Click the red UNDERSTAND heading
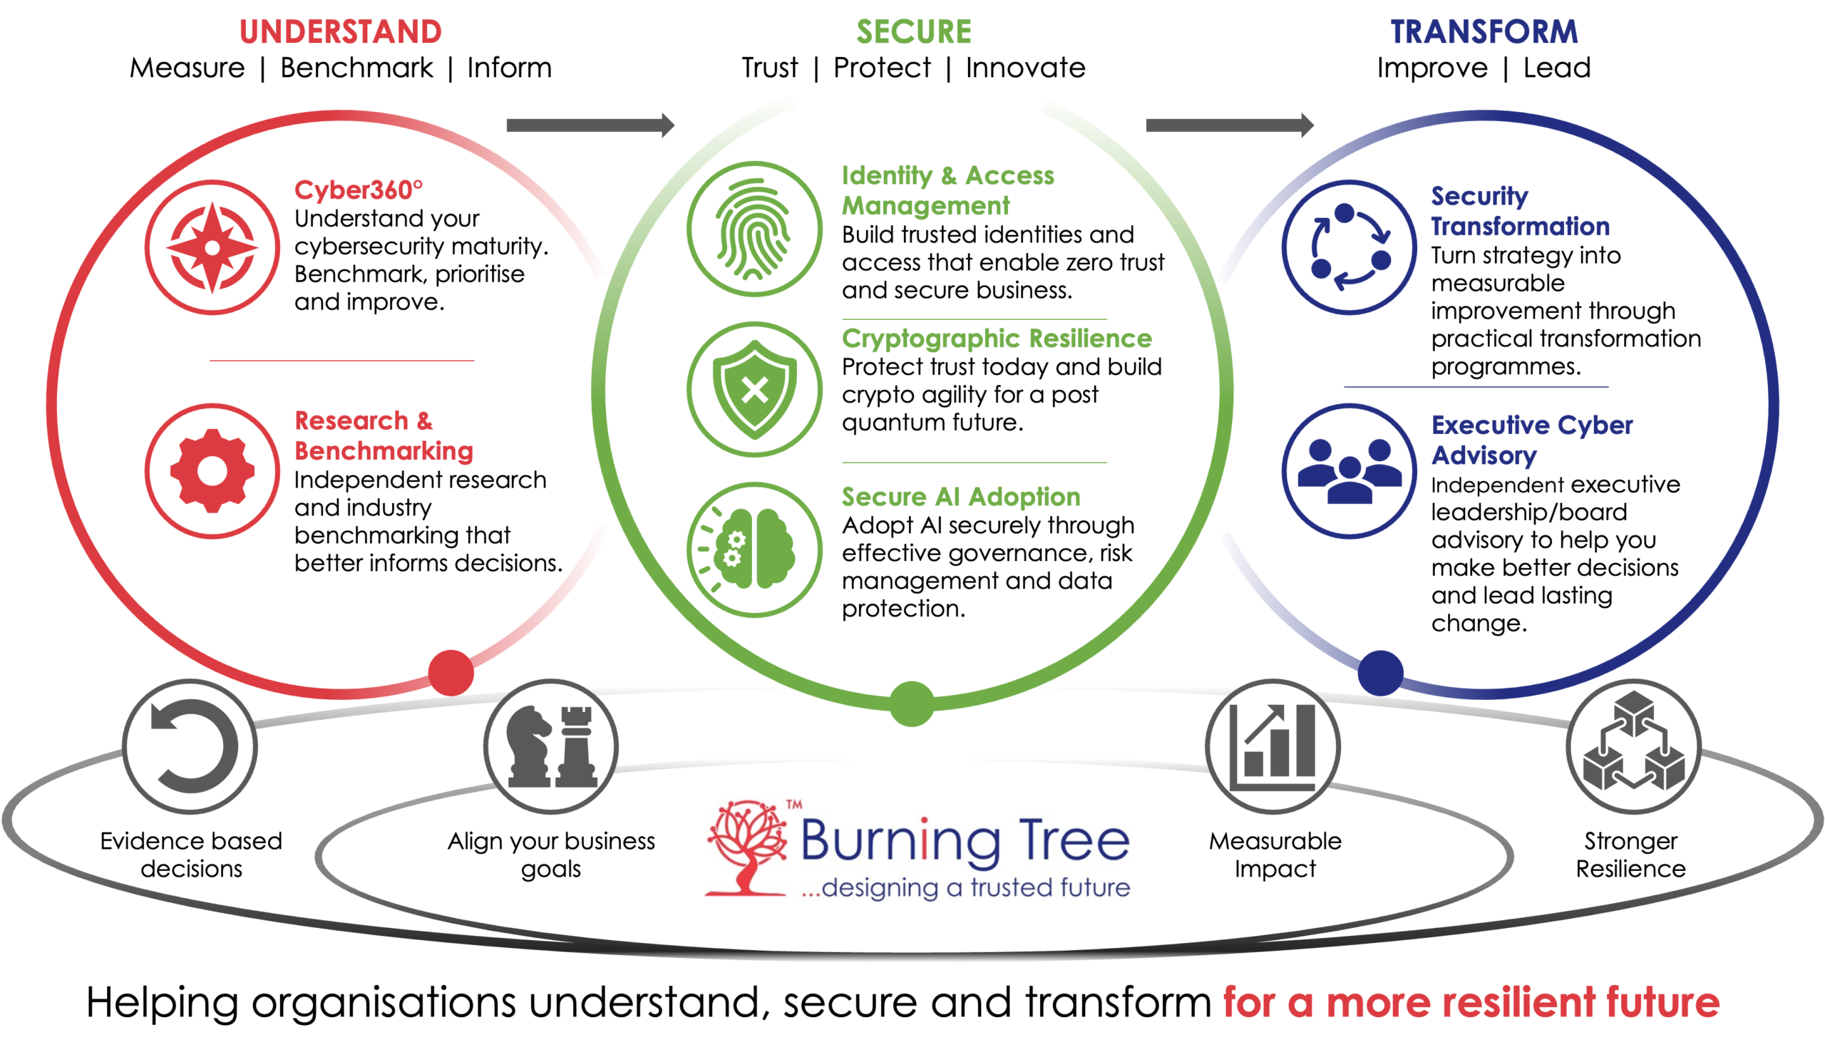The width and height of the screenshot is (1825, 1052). [x=340, y=32]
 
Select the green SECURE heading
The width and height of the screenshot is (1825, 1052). [x=914, y=32]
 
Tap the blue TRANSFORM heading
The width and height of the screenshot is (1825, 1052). [x=1484, y=32]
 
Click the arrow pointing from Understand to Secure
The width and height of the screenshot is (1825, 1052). [x=590, y=125]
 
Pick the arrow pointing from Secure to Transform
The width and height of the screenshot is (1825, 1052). [x=1230, y=125]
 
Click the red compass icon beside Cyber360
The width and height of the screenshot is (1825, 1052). [x=212, y=247]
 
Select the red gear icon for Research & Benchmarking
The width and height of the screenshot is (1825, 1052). [x=212, y=471]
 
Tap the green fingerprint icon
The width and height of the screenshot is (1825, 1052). [x=754, y=229]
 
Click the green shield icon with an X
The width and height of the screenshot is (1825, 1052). [x=754, y=389]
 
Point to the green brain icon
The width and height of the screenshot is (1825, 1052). [x=754, y=550]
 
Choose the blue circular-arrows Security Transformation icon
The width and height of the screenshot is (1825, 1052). [x=1350, y=247]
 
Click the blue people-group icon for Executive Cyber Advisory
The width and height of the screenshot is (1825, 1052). [x=1350, y=471]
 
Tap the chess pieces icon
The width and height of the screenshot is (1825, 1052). [x=551, y=746]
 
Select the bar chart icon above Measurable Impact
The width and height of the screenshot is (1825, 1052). [x=1273, y=746]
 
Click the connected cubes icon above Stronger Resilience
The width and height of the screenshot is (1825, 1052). [x=1633, y=746]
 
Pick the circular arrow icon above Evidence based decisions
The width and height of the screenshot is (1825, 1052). [x=190, y=746]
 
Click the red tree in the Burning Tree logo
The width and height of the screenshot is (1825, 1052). [x=747, y=847]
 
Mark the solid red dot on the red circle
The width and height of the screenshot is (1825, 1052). [x=451, y=673]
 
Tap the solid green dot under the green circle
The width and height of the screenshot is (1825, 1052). [x=912, y=703]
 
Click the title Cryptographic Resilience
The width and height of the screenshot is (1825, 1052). [x=997, y=338]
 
